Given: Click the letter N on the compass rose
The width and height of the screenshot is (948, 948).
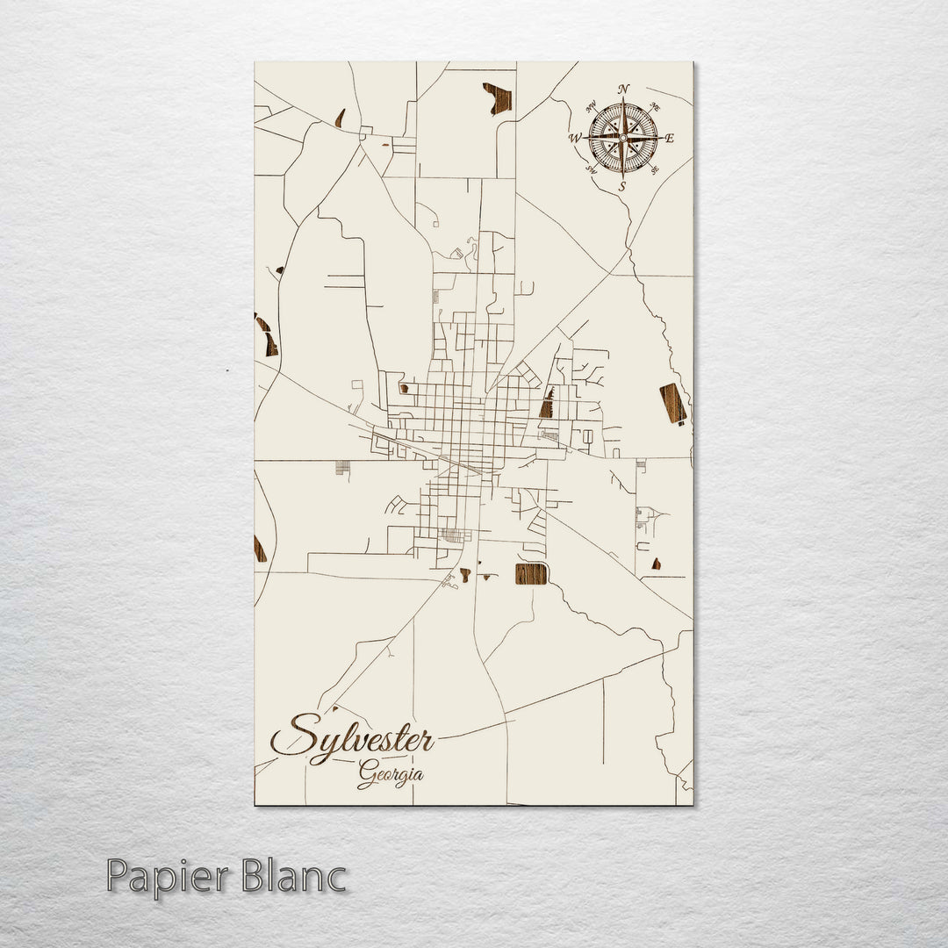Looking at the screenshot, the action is coord(623,89).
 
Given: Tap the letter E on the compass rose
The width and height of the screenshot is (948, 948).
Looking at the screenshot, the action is coord(669,138).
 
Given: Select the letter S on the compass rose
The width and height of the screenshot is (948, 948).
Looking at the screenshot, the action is coord(622,186).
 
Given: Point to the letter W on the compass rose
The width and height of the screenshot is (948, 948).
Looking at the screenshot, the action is coord(576,138).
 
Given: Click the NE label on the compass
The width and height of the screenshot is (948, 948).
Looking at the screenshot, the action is coord(657,107).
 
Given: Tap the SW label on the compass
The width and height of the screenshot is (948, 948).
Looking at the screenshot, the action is coord(591,169).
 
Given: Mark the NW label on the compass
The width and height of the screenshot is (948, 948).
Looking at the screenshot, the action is coord(591,107).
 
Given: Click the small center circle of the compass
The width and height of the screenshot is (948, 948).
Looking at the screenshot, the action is coord(623,138).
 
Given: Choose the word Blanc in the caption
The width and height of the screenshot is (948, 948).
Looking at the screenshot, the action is coord(298,877).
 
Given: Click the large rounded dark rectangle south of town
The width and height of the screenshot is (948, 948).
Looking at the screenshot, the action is coord(531,574).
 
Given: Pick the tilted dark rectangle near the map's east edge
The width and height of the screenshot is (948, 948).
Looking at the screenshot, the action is coord(672,404).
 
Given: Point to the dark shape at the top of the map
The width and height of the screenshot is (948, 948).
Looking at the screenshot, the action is coord(498,97).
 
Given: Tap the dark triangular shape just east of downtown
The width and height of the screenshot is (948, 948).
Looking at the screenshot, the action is coord(548,404).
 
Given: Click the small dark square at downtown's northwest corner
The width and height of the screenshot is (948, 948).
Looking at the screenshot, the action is coord(404,387).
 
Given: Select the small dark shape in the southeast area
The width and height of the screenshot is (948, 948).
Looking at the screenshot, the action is coord(656,564).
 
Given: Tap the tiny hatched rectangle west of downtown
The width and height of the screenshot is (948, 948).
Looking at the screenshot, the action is coord(342,467).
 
